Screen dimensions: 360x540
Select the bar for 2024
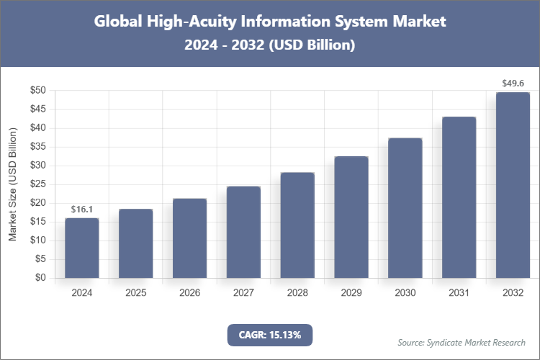[x=82, y=248]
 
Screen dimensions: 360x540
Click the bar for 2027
[x=243, y=232]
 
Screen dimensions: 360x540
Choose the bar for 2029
[x=351, y=217]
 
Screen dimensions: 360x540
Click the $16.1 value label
[x=82, y=209]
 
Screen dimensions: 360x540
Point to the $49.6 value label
[x=513, y=84]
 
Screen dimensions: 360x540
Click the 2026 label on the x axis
[x=189, y=294]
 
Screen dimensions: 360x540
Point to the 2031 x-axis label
[x=459, y=294]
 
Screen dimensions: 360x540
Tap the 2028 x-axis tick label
[x=297, y=294]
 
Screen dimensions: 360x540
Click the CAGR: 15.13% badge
[x=270, y=335]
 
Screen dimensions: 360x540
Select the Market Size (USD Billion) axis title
[x=12, y=184]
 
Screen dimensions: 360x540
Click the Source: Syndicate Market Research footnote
[x=462, y=342]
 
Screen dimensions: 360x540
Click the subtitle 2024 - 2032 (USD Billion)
[x=270, y=45]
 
